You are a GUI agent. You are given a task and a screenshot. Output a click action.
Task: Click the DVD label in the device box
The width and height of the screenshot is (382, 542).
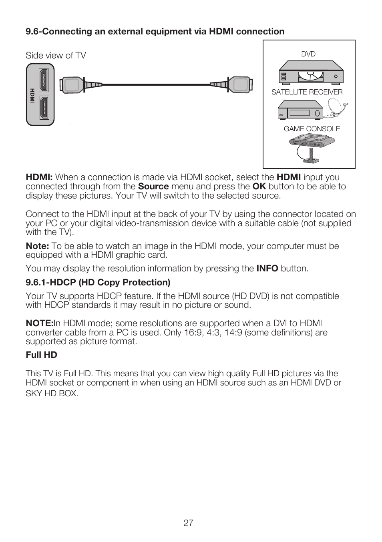(308, 54)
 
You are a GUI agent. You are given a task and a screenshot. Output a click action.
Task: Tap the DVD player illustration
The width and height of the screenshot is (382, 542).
(311, 72)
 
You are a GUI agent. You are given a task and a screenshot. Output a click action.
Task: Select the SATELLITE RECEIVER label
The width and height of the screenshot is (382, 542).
(307, 92)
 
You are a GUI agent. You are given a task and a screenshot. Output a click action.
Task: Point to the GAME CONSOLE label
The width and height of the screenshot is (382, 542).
(312, 129)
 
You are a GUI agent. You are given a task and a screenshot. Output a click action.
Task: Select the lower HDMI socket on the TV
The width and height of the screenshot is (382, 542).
(44, 108)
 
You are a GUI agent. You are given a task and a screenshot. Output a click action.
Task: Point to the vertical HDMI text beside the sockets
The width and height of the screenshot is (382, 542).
(32, 95)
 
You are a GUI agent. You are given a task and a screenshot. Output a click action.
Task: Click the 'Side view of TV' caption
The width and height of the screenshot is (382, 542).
(56, 56)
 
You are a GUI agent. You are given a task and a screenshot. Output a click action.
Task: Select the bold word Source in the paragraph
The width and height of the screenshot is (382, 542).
(153, 187)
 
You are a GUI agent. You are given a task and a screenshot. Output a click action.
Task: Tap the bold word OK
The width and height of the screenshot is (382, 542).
(259, 187)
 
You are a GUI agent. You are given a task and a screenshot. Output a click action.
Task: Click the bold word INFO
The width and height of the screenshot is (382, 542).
(267, 269)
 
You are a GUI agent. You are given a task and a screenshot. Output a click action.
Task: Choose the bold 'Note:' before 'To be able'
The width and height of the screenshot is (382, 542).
(37, 246)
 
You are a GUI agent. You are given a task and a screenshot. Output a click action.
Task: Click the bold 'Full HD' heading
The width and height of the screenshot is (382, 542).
(41, 355)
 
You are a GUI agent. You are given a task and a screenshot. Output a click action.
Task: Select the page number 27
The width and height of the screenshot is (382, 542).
(188, 523)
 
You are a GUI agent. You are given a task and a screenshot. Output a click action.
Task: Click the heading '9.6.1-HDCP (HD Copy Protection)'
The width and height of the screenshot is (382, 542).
(98, 283)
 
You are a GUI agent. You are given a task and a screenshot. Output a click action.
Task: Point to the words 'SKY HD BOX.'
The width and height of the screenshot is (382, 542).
(52, 393)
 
